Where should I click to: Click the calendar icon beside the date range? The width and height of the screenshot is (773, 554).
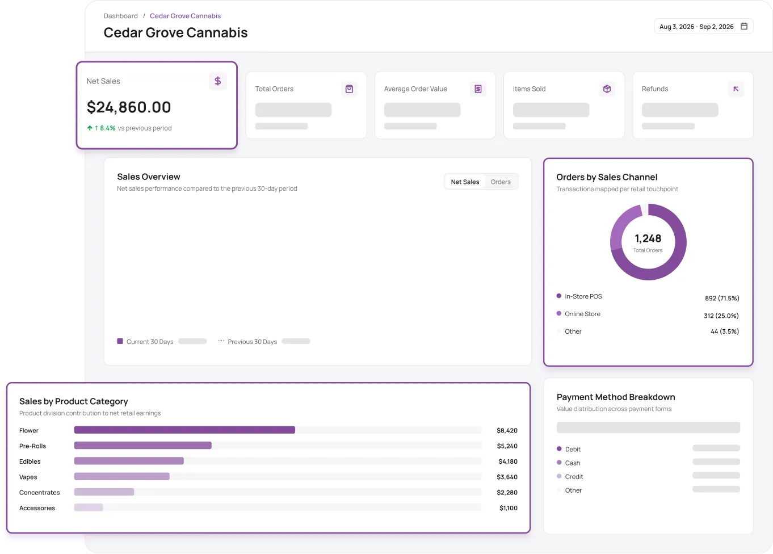click(744, 26)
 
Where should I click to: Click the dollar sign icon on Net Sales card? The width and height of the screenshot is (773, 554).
click(218, 81)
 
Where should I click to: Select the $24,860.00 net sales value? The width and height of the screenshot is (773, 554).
click(129, 107)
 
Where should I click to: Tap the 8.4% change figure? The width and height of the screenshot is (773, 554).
click(108, 128)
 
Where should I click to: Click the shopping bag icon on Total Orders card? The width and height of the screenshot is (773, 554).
click(349, 89)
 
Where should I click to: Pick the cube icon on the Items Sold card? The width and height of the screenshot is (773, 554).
click(607, 89)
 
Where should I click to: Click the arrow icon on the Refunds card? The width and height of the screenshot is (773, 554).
click(736, 89)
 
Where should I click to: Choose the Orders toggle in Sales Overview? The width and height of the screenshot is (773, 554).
click(501, 182)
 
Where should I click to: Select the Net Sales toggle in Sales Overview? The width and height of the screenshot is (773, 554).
click(465, 182)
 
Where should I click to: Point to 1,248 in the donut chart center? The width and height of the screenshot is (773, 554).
click(648, 238)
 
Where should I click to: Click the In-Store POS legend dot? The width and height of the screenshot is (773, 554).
click(559, 296)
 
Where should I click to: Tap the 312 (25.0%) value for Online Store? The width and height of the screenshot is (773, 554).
click(721, 316)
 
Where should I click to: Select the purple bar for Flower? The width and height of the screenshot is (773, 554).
click(184, 430)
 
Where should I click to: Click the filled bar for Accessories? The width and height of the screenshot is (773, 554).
click(89, 507)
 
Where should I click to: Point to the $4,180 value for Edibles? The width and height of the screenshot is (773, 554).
click(508, 461)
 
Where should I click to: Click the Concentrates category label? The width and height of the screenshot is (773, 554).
click(39, 493)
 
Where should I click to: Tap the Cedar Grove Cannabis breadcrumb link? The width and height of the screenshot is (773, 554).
click(186, 16)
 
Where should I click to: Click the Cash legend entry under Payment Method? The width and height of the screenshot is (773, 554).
click(573, 463)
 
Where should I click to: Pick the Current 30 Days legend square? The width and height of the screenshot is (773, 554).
click(120, 341)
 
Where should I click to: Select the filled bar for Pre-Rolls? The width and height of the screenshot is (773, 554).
click(143, 445)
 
